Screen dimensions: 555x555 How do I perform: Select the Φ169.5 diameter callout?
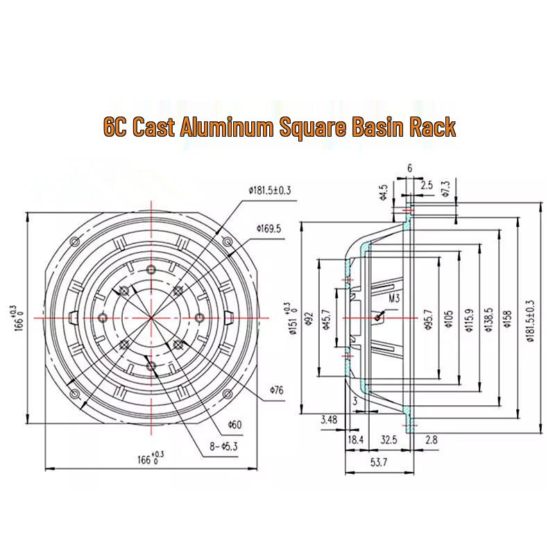[268, 229]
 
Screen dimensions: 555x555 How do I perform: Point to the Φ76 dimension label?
[276, 390]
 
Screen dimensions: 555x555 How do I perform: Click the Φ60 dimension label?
[234, 425]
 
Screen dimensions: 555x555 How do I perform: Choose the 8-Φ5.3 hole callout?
[223, 446]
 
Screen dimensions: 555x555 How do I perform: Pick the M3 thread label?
[394, 298]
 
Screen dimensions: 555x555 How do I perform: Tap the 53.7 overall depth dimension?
[379, 462]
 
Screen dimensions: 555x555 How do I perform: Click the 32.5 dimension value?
[388, 440]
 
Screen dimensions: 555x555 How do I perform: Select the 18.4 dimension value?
[356, 440]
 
